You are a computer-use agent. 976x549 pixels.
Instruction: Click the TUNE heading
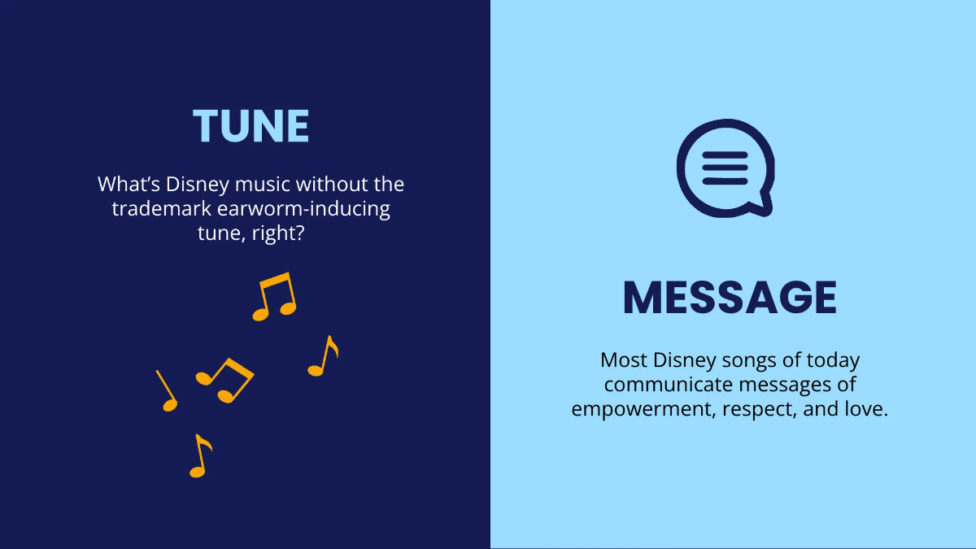pyautogui.click(x=251, y=126)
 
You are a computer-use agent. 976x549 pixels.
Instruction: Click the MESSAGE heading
pyautogui.click(x=730, y=298)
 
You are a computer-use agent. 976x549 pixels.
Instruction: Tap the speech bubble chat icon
pyautogui.click(x=724, y=168)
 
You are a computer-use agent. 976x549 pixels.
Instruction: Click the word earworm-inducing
pyautogui.click(x=304, y=209)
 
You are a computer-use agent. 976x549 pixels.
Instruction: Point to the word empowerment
pyautogui.click(x=632, y=409)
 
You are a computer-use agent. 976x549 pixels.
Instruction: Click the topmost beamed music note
pyautogui.click(x=274, y=297)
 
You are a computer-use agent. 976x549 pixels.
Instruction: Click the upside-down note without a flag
pyautogui.click(x=167, y=390)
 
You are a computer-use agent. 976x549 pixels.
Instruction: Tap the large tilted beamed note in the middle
pyautogui.click(x=225, y=379)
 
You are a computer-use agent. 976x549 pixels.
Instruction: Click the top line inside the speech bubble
pyautogui.click(x=724, y=155)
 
